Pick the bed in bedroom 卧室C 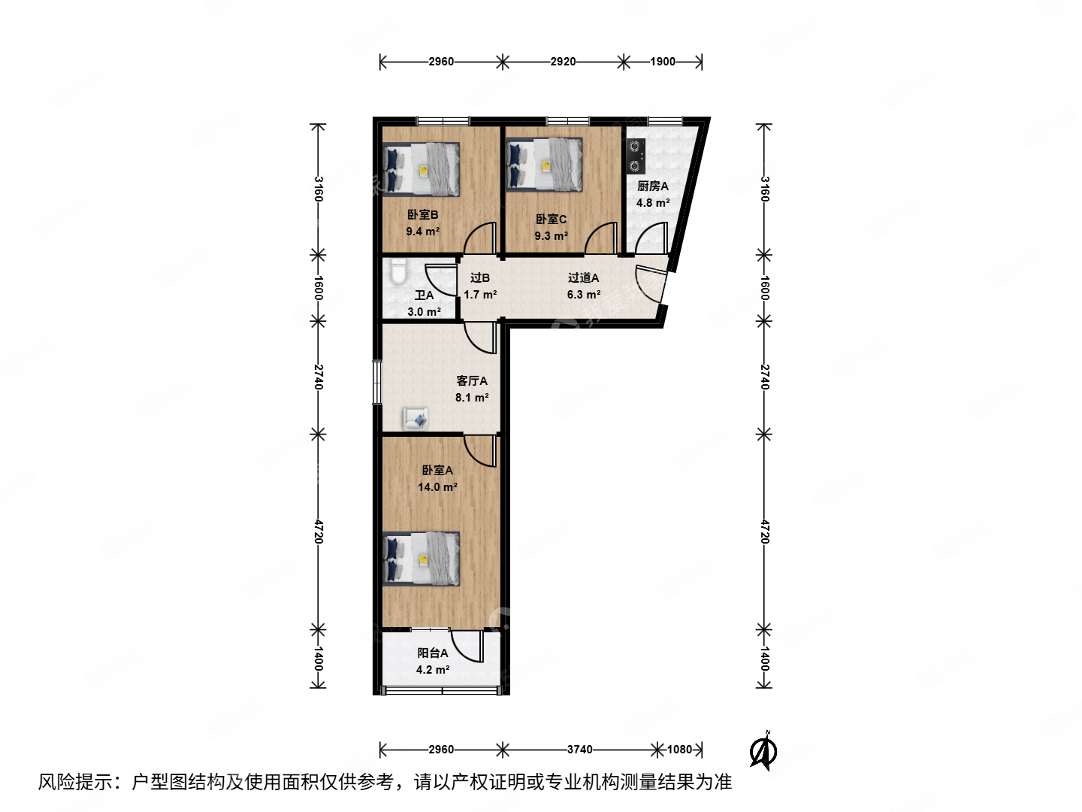(x=546, y=164)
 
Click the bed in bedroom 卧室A (x=422, y=558)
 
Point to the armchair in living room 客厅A (x=416, y=418)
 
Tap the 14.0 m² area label (x=437, y=487)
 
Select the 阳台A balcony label (x=433, y=653)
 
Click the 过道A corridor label (x=583, y=277)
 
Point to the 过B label (x=480, y=277)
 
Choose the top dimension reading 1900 (x=663, y=62)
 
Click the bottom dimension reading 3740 (x=579, y=749)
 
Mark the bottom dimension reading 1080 (x=679, y=749)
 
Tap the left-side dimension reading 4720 (x=319, y=532)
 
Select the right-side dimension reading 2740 (x=764, y=377)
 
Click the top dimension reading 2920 (x=563, y=62)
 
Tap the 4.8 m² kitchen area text (x=652, y=203)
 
